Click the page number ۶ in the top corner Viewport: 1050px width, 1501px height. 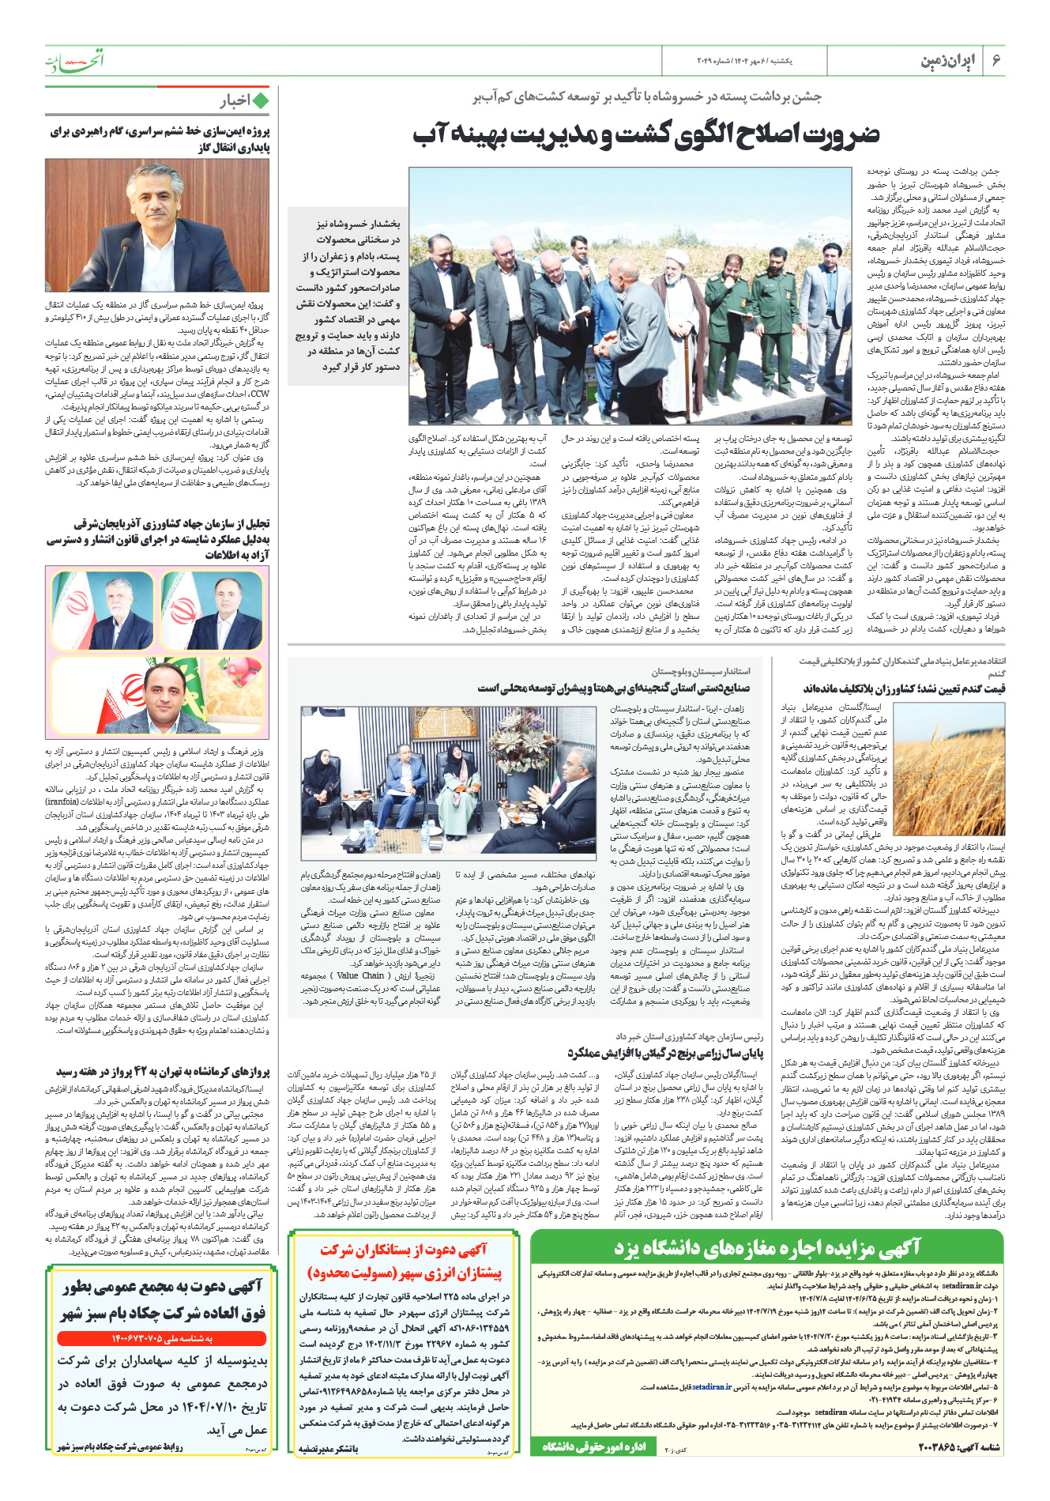[996, 61]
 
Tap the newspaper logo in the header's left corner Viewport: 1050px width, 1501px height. [73, 60]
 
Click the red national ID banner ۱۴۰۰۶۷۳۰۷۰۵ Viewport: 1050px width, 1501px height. [160, 1339]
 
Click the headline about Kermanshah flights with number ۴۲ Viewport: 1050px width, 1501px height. [163, 1073]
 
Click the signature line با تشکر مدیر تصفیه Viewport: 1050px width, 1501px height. [328, 1450]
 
